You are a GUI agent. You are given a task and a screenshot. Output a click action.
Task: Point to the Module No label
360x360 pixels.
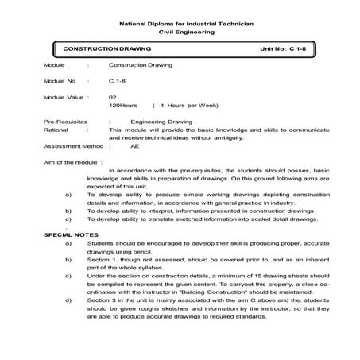[x=60, y=80]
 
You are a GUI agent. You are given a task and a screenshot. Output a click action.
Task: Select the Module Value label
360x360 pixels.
[x=64, y=96]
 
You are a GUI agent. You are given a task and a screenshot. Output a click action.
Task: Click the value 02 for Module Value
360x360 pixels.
[x=113, y=96]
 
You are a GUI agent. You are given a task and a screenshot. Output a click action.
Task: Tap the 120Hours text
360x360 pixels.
[x=123, y=104]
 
